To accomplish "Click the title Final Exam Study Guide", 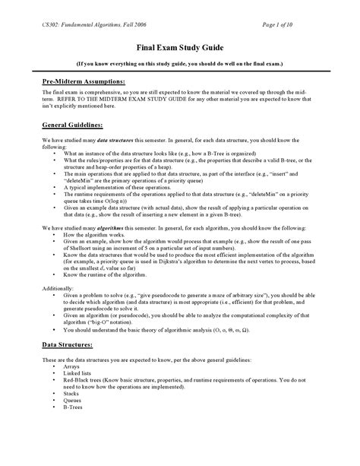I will (x=180, y=45).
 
